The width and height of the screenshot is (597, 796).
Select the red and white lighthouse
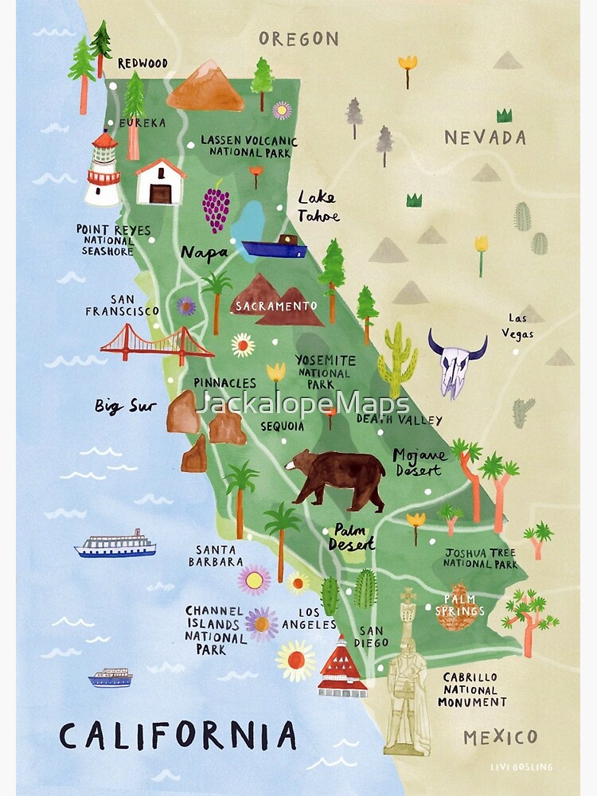pyautogui.click(x=103, y=170)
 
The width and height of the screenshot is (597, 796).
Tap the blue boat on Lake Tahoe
pyautogui.click(x=275, y=248)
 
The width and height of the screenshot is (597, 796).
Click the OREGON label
pyautogui.click(x=298, y=38)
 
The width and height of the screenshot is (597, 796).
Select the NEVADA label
pyautogui.click(x=485, y=138)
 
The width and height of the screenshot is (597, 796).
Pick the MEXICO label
pyautogui.click(x=501, y=736)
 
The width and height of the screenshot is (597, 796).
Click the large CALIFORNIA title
pyautogui.click(x=178, y=736)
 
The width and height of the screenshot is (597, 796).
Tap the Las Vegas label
pyautogui.click(x=517, y=326)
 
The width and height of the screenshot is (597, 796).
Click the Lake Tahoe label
pyautogui.click(x=318, y=206)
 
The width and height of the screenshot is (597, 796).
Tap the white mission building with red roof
pyautogui.click(x=160, y=181)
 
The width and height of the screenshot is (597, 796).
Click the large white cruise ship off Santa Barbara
pyautogui.click(x=115, y=544)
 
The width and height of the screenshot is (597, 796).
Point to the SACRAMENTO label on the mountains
pyautogui.click(x=275, y=306)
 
